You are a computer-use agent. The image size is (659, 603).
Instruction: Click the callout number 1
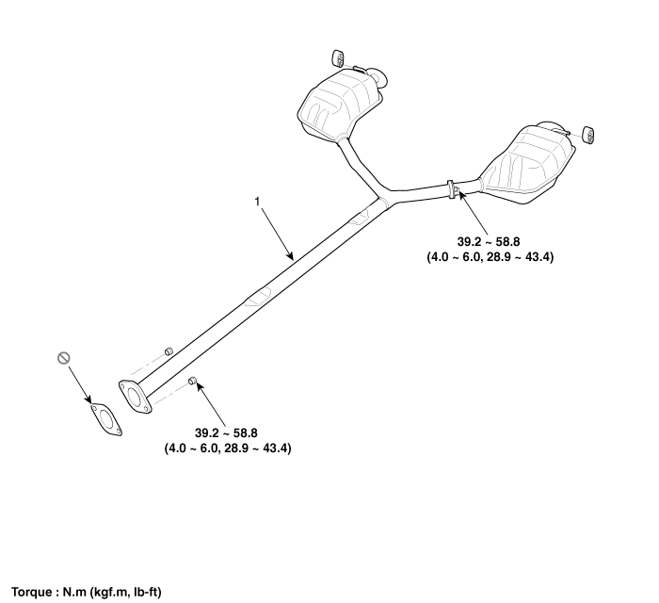coord(257,202)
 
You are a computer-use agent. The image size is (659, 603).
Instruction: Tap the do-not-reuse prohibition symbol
coord(63,358)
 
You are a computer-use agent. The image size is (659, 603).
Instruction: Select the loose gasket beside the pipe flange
coord(106,419)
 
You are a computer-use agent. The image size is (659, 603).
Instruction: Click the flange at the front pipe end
coord(134,397)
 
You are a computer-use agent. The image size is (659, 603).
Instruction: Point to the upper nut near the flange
coord(169,350)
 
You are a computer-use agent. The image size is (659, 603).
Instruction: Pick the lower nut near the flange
coord(192,381)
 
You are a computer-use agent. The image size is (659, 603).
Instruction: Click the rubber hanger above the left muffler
coord(338,58)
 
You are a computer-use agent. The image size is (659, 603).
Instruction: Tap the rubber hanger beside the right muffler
coord(587,134)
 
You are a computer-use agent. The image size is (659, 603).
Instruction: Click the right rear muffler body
coord(527,165)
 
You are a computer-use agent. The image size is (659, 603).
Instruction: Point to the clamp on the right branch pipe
coord(452,189)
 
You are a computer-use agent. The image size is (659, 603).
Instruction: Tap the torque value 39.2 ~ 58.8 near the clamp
coord(489,242)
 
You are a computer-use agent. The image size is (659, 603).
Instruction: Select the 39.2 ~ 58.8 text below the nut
coord(226,432)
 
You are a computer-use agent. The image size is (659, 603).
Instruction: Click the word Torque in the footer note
coord(32,593)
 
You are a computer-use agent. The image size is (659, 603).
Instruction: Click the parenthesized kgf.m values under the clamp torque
coord(490,257)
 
